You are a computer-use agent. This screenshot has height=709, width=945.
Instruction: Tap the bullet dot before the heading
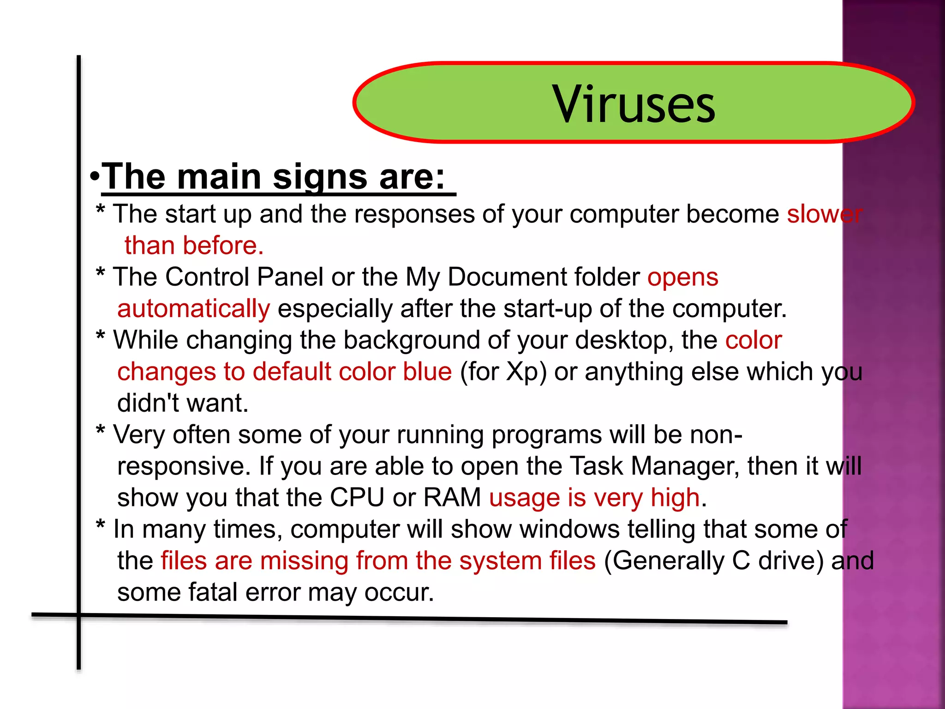coord(95,177)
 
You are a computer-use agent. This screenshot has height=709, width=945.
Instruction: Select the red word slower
coord(824,214)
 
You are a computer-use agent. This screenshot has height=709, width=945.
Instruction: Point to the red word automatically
coord(193,309)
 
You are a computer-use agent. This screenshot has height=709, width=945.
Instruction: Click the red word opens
coord(682,277)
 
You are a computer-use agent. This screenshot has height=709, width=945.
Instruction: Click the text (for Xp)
coord(503,372)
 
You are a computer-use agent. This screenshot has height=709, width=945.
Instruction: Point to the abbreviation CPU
coord(357,498)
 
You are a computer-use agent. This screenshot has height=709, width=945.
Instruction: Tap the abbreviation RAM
coord(452,498)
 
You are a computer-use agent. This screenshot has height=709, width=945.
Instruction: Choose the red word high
coord(675,498)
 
